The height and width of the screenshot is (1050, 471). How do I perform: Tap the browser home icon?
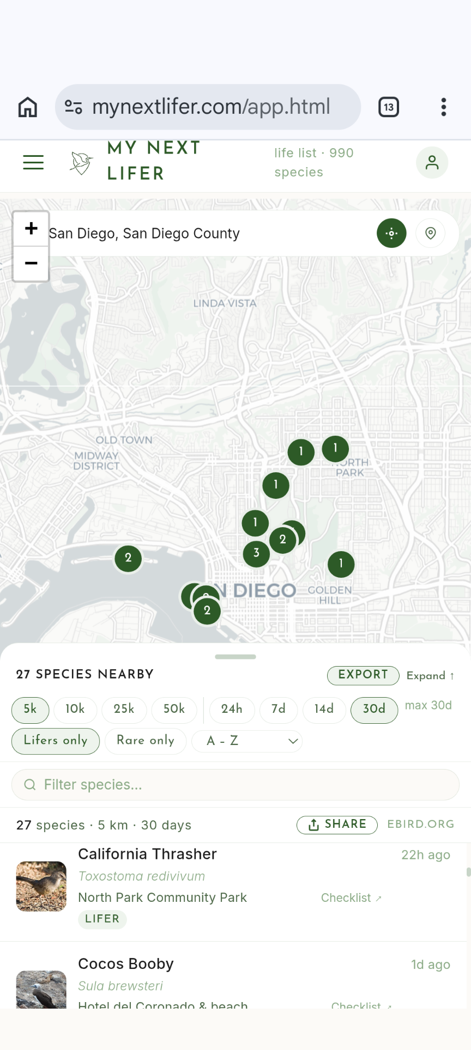(x=28, y=107)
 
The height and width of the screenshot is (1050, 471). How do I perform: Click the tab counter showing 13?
(x=389, y=107)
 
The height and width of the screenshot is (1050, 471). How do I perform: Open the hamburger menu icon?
(x=33, y=162)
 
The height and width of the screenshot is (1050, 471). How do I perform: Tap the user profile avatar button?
(x=432, y=162)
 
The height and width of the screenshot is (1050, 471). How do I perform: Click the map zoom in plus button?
(x=31, y=228)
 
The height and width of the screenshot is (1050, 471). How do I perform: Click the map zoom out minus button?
(x=31, y=264)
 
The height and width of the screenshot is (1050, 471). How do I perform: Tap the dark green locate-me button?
(x=391, y=233)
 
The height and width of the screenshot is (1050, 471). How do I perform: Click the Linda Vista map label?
(x=225, y=303)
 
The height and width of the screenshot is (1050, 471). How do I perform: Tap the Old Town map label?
(x=124, y=440)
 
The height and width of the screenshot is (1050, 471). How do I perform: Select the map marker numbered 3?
(x=256, y=553)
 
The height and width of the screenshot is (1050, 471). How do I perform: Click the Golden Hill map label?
(x=330, y=595)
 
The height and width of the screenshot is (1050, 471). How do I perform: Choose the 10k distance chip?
(x=75, y=709)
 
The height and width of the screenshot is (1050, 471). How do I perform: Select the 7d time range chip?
(x=279, y=709)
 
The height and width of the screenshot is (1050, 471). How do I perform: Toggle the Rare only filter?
(x=146, y=741)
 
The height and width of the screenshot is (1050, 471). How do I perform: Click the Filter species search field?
(x=235, y=785)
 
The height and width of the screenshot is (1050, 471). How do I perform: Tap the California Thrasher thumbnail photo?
(x=41, y=886)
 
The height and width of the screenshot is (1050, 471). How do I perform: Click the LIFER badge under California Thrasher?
(x=102, y=919)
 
